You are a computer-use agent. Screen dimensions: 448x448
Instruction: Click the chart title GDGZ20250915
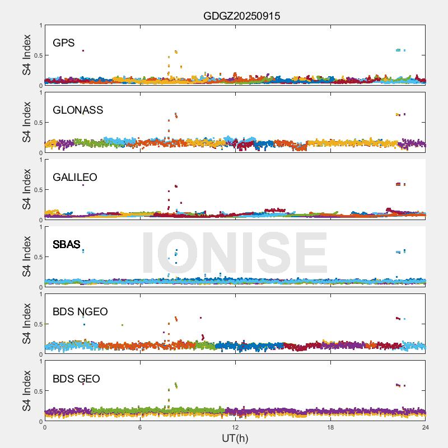241,16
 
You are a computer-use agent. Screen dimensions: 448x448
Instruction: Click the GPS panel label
63,43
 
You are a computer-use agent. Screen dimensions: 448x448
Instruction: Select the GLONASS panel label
78,110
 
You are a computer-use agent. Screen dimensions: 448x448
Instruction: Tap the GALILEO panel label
75,177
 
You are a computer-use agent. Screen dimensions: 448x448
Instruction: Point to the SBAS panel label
67,244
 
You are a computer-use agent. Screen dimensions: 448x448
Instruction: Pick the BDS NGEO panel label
80,311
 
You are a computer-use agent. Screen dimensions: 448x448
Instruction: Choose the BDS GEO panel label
76,379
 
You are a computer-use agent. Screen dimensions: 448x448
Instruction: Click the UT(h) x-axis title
235,437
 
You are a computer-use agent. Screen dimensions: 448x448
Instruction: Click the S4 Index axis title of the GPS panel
27,55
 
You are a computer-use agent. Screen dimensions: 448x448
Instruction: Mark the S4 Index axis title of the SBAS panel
27,256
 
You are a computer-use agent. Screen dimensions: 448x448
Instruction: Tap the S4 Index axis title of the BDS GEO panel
27,391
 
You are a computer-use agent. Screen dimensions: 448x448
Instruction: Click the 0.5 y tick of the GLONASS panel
36,123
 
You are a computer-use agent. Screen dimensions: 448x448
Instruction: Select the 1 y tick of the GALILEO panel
40,160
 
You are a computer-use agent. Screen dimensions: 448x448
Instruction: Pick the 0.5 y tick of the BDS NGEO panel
36,324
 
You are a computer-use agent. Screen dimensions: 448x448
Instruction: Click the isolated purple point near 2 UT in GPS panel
83,50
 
